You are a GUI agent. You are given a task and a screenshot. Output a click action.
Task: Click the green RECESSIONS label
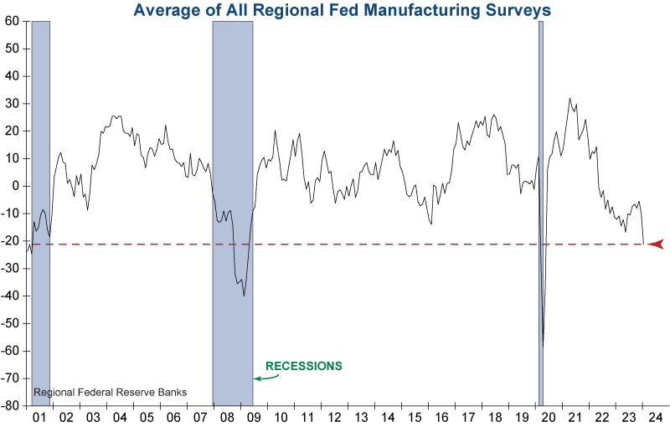[304, 366]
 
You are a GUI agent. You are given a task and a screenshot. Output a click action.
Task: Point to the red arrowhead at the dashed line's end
[656, 244]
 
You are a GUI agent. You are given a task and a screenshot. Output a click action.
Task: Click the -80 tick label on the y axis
[12, 405]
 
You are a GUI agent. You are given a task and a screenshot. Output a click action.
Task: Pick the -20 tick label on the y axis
[12, 241]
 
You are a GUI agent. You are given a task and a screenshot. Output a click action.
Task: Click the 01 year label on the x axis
[39, 417]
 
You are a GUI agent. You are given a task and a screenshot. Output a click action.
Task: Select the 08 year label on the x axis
[227, 417]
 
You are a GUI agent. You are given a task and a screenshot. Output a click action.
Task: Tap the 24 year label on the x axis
[655, 417]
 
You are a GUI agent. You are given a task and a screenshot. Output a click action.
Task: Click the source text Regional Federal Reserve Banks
[110, 392]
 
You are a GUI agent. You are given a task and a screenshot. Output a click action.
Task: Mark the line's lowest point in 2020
[544, 346]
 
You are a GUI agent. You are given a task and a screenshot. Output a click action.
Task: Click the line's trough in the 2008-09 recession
[244, 296]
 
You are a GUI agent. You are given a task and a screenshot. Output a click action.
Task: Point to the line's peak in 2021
[569, 99]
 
